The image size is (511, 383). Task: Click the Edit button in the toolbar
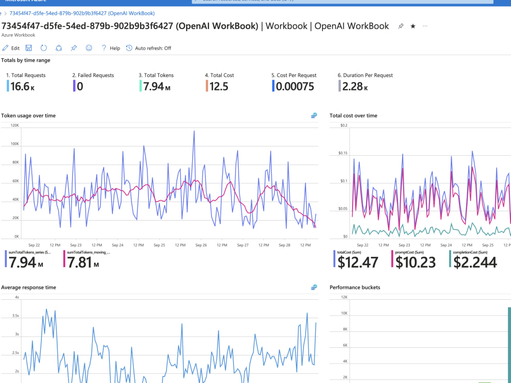click(x=11, y=48)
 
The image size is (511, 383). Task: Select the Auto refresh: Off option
click(x=149, y=48)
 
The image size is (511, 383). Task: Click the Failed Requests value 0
click(x=80, y=87)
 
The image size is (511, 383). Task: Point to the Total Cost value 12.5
click(x=219, y=87)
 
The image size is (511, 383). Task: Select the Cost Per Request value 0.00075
click(x=295, y=87)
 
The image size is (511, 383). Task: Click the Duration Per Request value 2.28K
click(x=355, y=87)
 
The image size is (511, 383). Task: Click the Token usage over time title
click(x=29, y=116)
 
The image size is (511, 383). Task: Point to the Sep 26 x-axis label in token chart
click(x=201, y=245)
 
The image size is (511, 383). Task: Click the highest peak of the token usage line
click(x=194, y=131)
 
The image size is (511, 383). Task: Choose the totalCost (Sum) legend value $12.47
click(x=358, y=262)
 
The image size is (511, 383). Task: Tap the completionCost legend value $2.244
click(x=475, y=262)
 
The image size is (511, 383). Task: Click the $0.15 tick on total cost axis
click(x=342, y=153)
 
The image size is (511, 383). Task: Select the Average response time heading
click(x=29, y=288)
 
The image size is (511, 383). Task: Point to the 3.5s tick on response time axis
click(x=15, y=316)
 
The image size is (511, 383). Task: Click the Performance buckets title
click(x=355, y=288)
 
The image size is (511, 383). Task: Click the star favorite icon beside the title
click(x=413, y=26)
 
